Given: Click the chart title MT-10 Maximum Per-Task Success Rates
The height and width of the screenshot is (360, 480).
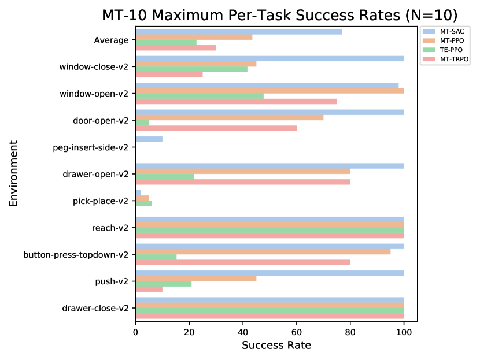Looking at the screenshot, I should tap(279, 15).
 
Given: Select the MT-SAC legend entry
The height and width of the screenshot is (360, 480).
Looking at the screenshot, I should tap(451, 31).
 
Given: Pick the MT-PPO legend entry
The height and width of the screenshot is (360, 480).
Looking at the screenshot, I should tap(451, 40).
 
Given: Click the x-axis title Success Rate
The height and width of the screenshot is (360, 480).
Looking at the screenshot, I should tap(276, 346).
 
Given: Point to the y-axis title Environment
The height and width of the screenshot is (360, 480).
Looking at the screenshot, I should tap(14, 173).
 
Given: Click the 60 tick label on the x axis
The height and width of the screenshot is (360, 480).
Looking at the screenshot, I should tap(297, 332).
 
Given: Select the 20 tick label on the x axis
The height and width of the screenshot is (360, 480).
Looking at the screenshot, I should tap(189, 332).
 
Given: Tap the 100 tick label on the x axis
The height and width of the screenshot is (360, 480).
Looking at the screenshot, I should tap(404, 332).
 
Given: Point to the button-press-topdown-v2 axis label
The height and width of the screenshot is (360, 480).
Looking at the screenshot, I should tap(76, 254).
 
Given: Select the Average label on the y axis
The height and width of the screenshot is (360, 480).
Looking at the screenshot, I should tap(111, 40).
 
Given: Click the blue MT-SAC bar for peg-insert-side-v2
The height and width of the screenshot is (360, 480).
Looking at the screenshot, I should tap(149, 139).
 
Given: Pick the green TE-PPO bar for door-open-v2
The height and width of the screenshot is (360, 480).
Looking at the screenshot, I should tap(142, 123).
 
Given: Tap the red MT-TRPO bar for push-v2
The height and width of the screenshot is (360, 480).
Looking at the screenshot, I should tap(149, 289).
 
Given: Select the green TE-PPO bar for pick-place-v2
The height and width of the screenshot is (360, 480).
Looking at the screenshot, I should tap(143, 203).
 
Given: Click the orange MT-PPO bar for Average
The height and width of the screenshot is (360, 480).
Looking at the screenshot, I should tap(194, 36).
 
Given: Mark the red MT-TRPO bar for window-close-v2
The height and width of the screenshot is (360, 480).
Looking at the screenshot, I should tap(169, 75).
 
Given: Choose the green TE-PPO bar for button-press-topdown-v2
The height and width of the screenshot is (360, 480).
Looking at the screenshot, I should tap(156, 257).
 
